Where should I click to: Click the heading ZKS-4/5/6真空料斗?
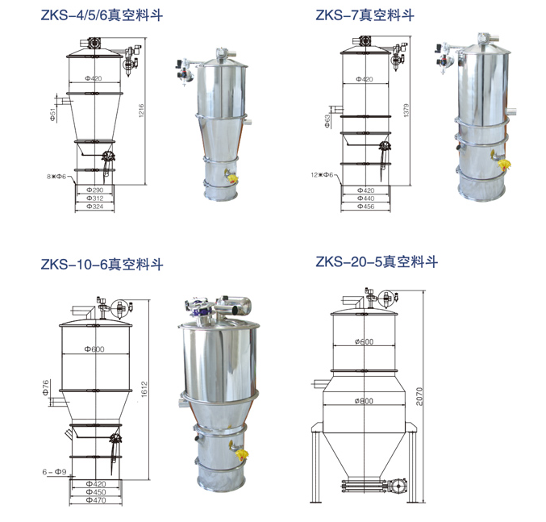[102, 15]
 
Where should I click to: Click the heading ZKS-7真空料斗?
[365, 15]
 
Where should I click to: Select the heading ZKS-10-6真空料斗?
[102, 265]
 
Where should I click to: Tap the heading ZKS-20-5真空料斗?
[377, 261]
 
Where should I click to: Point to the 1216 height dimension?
[141, 111]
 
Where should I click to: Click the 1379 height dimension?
[406, 111]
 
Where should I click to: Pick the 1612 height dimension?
[144, 389]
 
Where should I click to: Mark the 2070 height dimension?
[419, 396]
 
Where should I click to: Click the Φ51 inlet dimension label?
[52, 115]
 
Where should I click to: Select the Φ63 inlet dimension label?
[327, 121]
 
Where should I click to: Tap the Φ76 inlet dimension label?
[46, 388]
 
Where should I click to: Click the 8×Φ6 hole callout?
[56, 177]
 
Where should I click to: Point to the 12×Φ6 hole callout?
[322, 174]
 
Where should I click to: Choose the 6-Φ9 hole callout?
[54, 472]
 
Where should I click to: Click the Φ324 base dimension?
[94, 207]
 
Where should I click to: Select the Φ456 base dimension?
[365, 207]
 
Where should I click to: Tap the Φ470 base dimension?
[96, 500]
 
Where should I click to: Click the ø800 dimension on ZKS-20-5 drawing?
[364, 401]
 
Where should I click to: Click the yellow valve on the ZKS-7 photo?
[504, 165]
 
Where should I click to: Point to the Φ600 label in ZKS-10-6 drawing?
[94, 349]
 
